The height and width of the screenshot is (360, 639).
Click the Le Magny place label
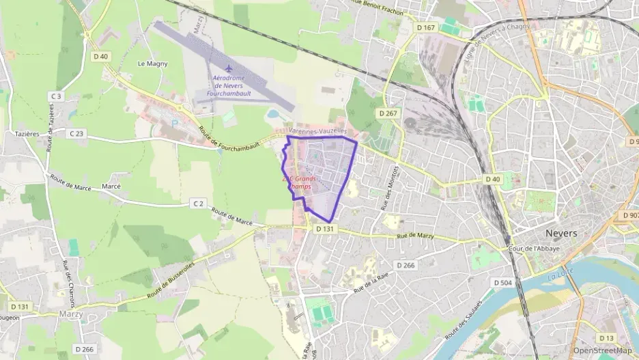152,64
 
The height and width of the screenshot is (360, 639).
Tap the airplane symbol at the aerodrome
229,68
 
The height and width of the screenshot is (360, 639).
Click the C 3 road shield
56,96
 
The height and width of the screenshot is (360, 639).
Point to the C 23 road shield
76,134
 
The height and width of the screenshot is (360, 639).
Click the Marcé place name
111,186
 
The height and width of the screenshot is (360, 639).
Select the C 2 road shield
198,203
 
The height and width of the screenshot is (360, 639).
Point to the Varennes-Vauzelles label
318,130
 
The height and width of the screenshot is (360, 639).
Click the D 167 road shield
425,28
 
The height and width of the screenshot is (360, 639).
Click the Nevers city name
562,233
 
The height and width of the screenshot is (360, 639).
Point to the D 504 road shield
502,282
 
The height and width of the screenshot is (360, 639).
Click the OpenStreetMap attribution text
601,350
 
